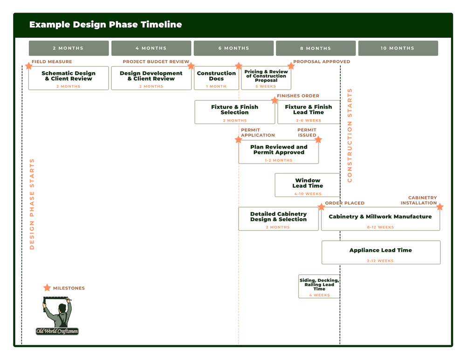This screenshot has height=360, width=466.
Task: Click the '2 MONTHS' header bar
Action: coord(69,48)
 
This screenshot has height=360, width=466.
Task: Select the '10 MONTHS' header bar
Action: coord(398,48)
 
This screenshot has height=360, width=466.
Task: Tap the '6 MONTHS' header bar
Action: coord(233,48)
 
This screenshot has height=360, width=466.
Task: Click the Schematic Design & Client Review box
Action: coord(69,78)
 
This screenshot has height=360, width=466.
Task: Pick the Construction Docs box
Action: coord(216,78)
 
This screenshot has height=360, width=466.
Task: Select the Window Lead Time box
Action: coord(308,185)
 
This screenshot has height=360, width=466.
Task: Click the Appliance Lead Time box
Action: coord(381,252)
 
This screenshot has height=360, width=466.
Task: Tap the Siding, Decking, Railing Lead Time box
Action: coord(319,286)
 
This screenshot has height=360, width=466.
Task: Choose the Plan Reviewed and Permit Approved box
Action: coord(279,152)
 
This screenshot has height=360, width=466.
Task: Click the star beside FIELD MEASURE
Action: coord(28,66)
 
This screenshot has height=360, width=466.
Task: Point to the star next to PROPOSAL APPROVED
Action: coord(291,66)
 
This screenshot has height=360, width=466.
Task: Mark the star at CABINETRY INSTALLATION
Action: coord(440,207)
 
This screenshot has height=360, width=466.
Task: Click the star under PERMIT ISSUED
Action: coord(318,139)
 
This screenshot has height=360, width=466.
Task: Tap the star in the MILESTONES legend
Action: coord(47,288)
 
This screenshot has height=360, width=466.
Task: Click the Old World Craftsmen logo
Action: coord(57,317)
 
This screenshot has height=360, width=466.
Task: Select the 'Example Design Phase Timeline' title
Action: coord(105,25)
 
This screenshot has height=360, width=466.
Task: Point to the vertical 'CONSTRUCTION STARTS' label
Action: coord(350,135)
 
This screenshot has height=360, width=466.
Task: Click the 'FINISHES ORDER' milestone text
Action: coord(298,96)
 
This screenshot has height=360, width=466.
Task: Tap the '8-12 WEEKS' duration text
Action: coord(380,227)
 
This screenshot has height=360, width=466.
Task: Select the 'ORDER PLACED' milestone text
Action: coord(345,203)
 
